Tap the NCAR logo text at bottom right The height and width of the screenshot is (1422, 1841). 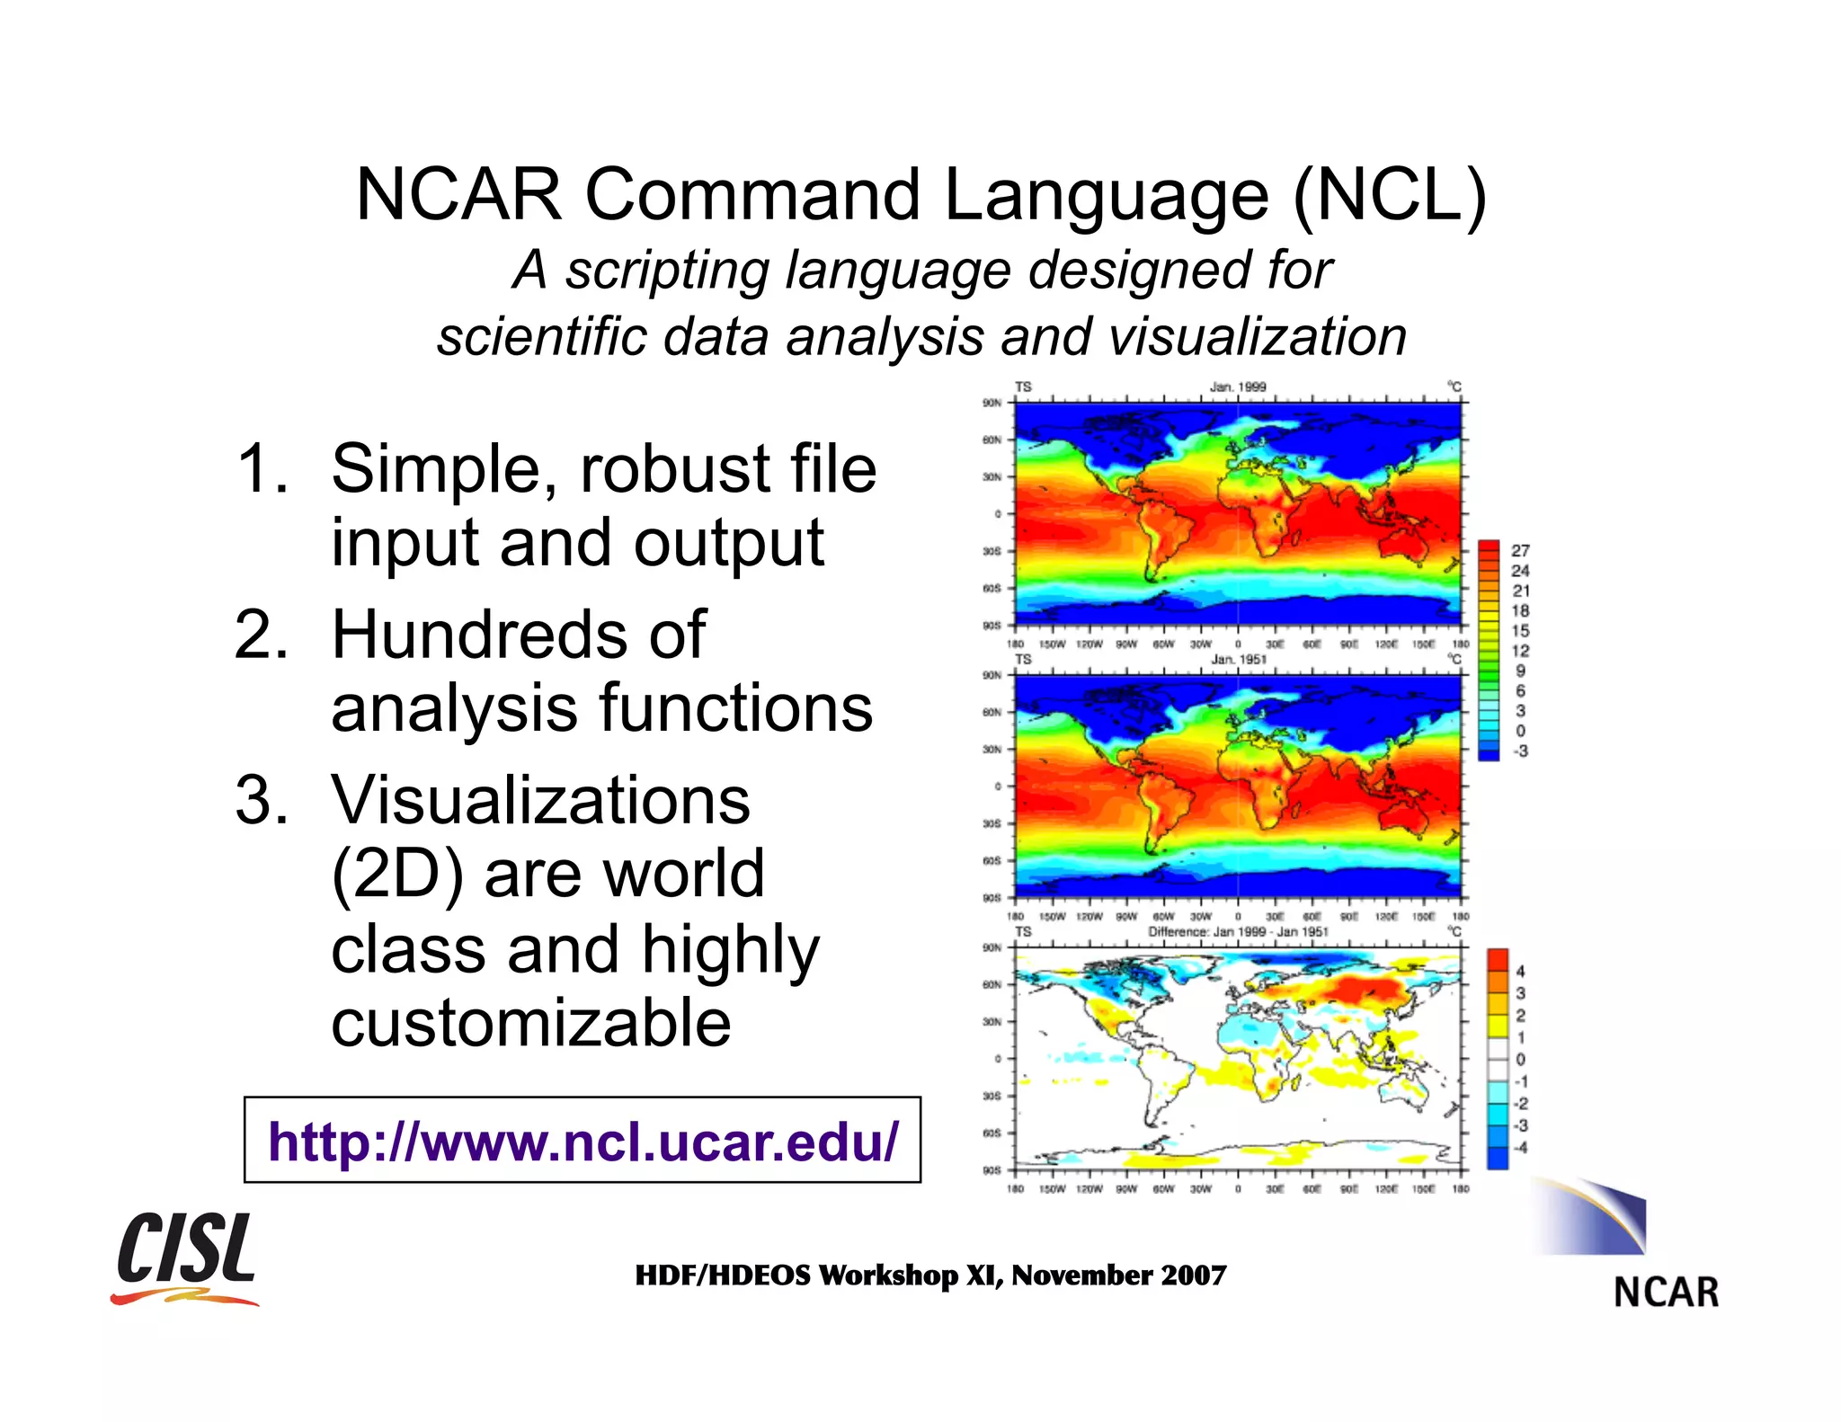point(1666,1293)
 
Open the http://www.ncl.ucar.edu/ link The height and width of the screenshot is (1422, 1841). point(583,1141)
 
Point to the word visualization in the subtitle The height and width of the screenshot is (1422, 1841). point(1258,337)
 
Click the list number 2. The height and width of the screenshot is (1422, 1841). point(262,635)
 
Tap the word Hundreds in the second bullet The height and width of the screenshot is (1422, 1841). point(518,635)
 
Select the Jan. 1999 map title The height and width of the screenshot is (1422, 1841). point(1238,387)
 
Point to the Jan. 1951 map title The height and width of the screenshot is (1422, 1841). point(1239,660)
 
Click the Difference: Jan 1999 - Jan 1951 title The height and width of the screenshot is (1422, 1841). point(1238,932)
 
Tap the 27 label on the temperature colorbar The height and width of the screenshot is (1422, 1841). point(1520,550)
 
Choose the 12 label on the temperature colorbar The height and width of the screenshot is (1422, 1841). point(1520,651)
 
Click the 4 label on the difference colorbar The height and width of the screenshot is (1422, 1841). point(1520,971)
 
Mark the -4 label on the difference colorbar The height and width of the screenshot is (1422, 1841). point(1520,1147)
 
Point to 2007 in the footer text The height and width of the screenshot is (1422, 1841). point(1193,1275)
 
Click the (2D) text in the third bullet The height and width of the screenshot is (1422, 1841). point(397,874)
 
